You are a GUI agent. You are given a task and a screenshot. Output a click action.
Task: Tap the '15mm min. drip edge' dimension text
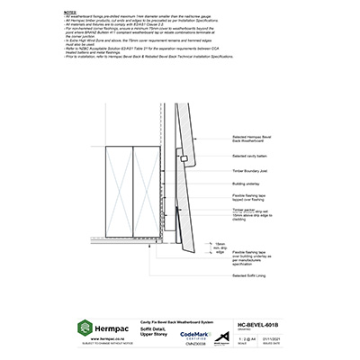221,247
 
